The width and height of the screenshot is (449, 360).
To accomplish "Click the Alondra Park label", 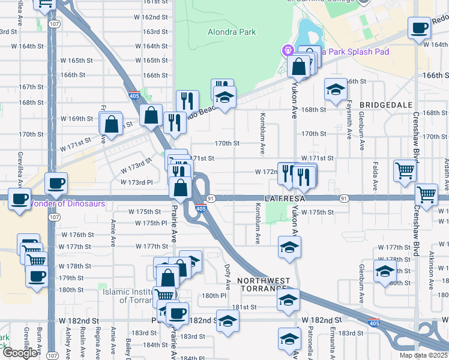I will pyautogui.click(x=232, y=32).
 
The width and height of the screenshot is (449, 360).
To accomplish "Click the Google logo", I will pyautogui.click(x=20, y=353).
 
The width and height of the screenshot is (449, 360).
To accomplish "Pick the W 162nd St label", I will pyautogui.click(x=146, y=17).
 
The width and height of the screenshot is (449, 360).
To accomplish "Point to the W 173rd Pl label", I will pyautogui.click(x=137, y=182).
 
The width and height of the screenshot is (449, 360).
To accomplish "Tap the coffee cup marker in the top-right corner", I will pyautogui.click(x=419, y=27).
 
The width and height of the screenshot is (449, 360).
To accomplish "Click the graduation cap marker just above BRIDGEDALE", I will pyautogui.click(x=336, y=89).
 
